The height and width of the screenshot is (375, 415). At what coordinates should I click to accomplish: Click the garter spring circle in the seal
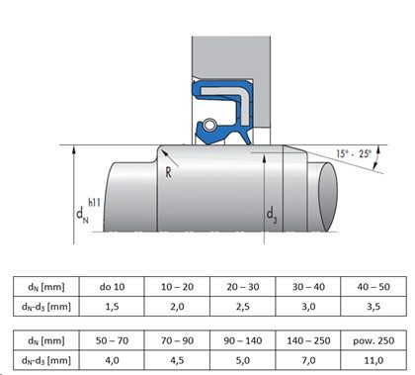tap(209, 125)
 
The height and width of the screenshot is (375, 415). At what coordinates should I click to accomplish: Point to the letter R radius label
tap(168, 172)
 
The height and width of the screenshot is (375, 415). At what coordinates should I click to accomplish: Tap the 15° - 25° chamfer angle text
tap(354, 153)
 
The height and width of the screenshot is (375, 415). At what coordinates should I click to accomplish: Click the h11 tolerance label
tap(94, 202)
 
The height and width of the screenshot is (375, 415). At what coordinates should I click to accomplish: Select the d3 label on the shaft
tap(272, 215)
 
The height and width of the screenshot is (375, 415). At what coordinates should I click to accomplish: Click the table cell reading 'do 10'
tap(112, 287)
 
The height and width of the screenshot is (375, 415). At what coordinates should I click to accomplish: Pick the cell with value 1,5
tap(112, 307)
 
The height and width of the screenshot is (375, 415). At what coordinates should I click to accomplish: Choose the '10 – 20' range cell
tap(177, 287)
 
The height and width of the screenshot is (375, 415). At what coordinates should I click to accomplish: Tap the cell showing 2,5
tap(243, 307)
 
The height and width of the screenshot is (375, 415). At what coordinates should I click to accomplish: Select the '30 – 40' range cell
tap(308, 287)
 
